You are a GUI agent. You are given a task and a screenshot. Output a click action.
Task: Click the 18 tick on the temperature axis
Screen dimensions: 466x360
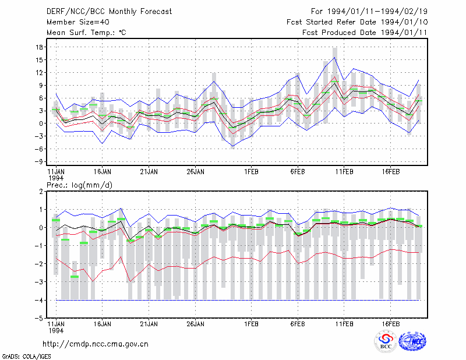point(39,47)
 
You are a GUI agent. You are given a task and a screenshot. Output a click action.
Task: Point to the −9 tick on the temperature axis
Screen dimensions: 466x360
point(38,162)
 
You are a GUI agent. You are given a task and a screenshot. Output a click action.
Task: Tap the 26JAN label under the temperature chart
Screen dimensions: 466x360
point(195,172)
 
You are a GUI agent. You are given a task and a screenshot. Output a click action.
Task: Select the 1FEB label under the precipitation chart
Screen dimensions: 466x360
point(251,324)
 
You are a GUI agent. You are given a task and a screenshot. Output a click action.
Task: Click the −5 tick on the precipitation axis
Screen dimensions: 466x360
point(38,319)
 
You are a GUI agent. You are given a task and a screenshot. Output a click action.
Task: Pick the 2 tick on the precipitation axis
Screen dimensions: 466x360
point(41,192)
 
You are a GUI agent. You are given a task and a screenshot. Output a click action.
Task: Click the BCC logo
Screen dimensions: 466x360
point(386,341)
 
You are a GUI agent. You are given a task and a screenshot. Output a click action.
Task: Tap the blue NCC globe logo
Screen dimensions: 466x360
point(412,342)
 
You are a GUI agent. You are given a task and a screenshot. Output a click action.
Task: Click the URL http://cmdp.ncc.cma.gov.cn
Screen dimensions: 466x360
point(96,344)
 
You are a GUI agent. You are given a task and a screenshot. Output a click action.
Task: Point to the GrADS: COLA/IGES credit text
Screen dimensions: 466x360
point(26,357)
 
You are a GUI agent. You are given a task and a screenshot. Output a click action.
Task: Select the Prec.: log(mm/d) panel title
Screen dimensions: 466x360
point(79,185)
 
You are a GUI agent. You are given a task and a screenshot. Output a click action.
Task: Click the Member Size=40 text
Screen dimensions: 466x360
point(78,22)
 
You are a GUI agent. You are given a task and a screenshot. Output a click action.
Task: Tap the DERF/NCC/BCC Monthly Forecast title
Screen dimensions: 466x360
point(109,12)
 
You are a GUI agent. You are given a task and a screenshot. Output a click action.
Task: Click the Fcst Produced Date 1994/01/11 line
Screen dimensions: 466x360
point(365,33)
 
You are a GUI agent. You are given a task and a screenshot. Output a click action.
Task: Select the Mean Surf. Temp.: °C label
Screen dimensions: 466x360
point(86,33)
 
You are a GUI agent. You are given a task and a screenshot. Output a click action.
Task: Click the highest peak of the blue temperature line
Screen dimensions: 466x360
point(334,57)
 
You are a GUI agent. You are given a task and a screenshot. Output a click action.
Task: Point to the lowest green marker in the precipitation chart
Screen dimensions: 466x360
point(75,277)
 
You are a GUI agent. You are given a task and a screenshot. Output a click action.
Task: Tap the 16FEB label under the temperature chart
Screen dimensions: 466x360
point(390,172)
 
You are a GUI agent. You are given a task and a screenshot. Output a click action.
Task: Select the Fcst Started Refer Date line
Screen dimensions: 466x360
point(357,22)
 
